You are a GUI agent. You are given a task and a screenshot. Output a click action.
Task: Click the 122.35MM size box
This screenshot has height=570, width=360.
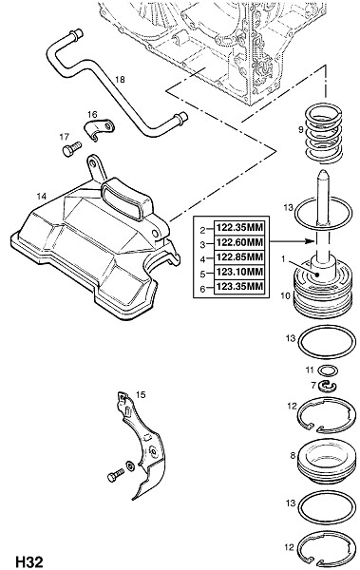click(239, 228)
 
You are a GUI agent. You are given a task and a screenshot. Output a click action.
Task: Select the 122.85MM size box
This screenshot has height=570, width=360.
click(239, 257)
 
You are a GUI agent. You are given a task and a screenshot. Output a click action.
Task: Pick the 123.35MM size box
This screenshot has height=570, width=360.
click(239, 287)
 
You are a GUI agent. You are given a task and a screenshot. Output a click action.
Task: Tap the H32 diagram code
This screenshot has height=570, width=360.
click(29, 561)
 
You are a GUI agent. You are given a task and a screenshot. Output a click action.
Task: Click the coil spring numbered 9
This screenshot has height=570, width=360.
click(323, 133)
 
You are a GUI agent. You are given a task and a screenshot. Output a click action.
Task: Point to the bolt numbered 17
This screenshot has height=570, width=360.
click(72, 149)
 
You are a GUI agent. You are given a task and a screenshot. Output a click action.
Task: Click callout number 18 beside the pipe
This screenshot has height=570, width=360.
click(120, 79)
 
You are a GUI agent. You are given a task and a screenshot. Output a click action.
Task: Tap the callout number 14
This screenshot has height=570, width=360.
click(42, 197)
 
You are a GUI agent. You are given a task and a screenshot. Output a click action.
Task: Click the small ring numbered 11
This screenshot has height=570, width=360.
click(328, 370)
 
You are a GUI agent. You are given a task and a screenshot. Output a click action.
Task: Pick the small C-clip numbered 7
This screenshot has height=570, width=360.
click(328, 387)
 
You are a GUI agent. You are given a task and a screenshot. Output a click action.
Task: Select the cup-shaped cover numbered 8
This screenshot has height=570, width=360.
click(326, 460)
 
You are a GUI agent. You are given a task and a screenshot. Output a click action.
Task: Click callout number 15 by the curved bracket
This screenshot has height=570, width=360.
click(141, 395)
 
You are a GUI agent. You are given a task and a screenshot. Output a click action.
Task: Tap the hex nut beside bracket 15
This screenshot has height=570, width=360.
click(129, 465)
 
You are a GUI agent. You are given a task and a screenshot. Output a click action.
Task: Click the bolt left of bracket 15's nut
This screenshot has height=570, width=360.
click(116, 475)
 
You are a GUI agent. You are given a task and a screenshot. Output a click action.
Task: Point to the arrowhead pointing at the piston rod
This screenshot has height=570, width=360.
click(309, 241)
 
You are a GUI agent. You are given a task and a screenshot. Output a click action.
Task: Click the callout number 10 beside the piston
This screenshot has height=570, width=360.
click(286, 295)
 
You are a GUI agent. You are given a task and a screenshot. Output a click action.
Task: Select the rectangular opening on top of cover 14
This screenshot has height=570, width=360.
click(123, 199)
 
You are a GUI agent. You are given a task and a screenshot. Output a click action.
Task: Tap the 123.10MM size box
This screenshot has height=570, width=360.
click(239, 272)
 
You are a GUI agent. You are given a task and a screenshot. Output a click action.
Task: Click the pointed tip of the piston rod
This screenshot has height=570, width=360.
click(323, 172)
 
